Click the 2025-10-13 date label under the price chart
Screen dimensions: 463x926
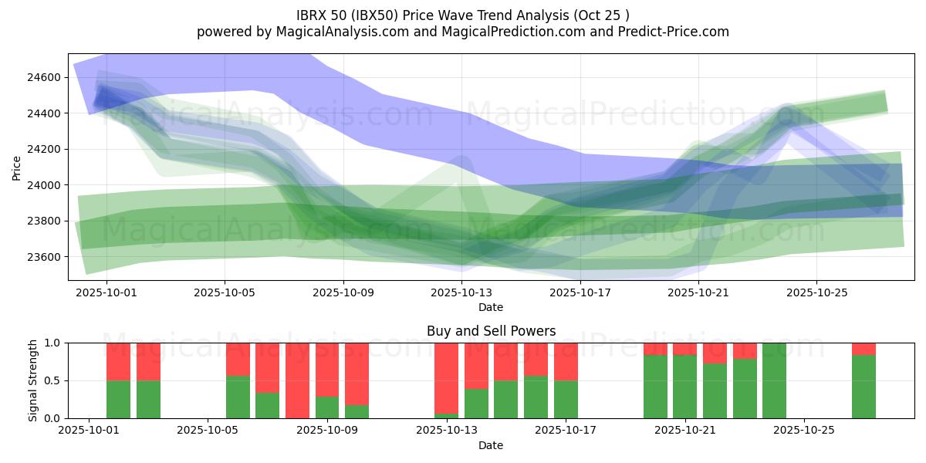(461, 292)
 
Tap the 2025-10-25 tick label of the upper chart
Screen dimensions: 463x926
(816, 292)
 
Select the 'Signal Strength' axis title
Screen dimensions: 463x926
(32, 380)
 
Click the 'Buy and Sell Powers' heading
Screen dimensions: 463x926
(491, 331)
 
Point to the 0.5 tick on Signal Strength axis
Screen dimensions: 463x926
(52, 381)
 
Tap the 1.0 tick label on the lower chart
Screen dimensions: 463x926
(52, 343)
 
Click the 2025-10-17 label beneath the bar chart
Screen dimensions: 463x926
(566, 431)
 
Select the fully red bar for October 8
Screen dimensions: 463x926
(297, 380)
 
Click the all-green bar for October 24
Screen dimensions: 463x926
(774, 380)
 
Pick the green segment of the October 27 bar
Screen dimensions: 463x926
(863, 387)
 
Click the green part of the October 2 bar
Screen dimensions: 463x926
(118, 400)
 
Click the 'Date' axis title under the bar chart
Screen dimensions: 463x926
(491, 445)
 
